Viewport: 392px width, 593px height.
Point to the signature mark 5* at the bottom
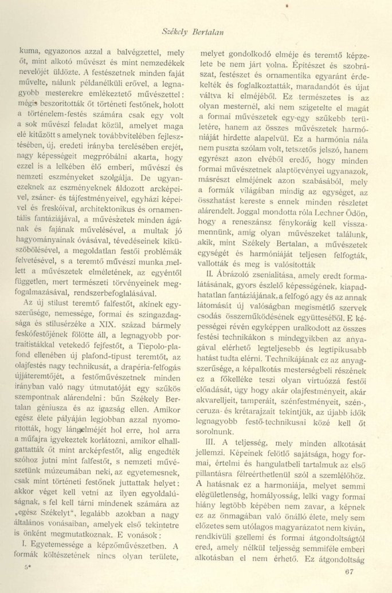tap(22, 574)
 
